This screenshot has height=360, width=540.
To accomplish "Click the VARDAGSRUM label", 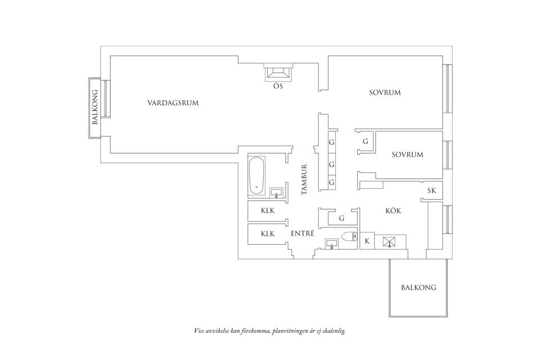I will click(173, 103).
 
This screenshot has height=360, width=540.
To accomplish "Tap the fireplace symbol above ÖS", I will click(278, 73).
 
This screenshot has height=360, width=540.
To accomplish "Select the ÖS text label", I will click(278, 87).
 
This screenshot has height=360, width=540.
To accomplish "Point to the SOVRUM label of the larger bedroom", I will click(385, 92).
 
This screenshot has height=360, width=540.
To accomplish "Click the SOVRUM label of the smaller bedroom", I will click(407, 154).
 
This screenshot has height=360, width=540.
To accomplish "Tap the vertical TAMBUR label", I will click(304, 179).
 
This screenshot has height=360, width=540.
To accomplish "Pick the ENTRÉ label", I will click(302, 233).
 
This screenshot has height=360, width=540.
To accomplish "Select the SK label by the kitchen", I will click(431, 191).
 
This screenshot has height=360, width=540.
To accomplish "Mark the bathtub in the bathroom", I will click(256, 176).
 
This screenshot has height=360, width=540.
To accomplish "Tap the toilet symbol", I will click(349, 237).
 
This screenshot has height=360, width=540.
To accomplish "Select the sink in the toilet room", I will click(332, 244).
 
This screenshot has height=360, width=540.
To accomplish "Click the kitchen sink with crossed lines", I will click(389, 242).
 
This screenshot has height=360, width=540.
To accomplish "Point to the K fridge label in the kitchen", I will click(367, 241).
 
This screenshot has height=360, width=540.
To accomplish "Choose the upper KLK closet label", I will click(267, 211).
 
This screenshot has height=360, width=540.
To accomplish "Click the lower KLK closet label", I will click(267, 233).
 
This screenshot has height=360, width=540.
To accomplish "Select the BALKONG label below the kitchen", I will click(418, 287).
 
